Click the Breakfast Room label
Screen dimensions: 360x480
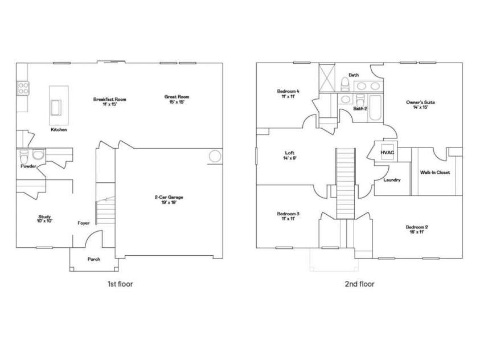pos(110,99)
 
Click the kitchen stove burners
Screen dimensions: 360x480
pos(24,88)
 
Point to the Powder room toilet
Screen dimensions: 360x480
pos(24,156)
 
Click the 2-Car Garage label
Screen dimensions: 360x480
pos(169,197)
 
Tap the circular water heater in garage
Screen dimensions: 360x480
pos(215,156)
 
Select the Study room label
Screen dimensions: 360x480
pos(44,216)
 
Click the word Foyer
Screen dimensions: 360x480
pos(84,223)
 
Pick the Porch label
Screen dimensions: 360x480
pos(94,259)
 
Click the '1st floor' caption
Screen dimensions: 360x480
pos(120,284)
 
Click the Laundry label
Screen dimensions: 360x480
pos(392,180)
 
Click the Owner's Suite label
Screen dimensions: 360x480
pos(420,103)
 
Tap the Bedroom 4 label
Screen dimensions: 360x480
pos(288,91)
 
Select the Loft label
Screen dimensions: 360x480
pos(289,153)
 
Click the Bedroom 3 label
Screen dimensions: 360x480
pos(288,214)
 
